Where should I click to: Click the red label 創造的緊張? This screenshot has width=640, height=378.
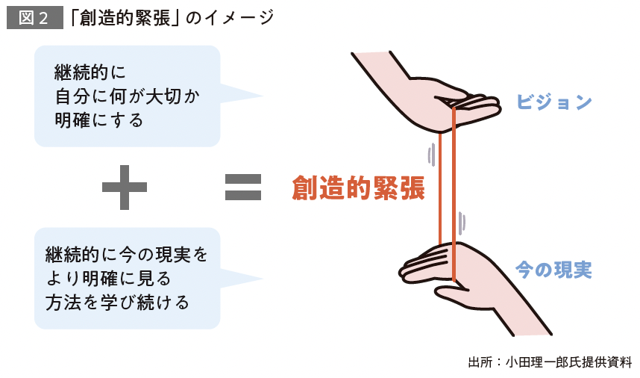pos(358,188)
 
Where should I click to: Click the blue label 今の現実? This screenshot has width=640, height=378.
pos(553,270)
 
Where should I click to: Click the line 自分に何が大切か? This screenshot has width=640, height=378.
pos(128,96)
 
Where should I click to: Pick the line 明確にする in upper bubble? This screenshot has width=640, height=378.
pos(98,120)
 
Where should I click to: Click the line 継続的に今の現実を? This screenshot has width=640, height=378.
pos(127,254)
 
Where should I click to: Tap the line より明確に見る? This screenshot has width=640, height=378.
pos(108,279)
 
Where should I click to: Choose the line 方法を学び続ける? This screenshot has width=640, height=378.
pos(117,303)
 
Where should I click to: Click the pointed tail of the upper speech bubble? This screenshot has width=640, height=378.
pos(246,96)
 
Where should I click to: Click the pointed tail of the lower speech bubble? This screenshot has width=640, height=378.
pos(246,279)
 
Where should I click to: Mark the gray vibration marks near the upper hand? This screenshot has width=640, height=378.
pos(430,154)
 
